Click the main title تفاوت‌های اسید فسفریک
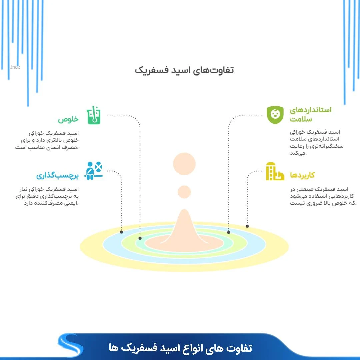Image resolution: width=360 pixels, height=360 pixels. (184, 70)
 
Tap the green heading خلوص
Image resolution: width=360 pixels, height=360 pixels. (68, 120)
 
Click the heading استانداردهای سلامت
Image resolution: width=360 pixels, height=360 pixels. (310, 114)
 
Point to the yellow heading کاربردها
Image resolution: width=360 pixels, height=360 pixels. (302, 175)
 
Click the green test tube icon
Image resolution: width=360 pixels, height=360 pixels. (94, 115)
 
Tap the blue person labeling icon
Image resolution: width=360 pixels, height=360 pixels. (94, 171)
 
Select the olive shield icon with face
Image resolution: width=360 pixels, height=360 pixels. (275, 115)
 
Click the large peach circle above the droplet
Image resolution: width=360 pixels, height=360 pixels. (184, 164)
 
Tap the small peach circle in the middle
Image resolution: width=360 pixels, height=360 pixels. (184, 192)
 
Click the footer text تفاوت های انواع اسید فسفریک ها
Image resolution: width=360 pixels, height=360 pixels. (180, 348)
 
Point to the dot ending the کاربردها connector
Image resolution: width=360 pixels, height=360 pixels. (247, 226)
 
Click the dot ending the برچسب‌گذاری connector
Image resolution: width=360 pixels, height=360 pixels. (121, 232)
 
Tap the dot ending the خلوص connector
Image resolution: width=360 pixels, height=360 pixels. (140, 238)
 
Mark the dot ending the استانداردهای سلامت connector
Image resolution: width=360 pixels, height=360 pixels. (229, 232)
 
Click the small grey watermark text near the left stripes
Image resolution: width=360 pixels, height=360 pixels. (15, 67)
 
